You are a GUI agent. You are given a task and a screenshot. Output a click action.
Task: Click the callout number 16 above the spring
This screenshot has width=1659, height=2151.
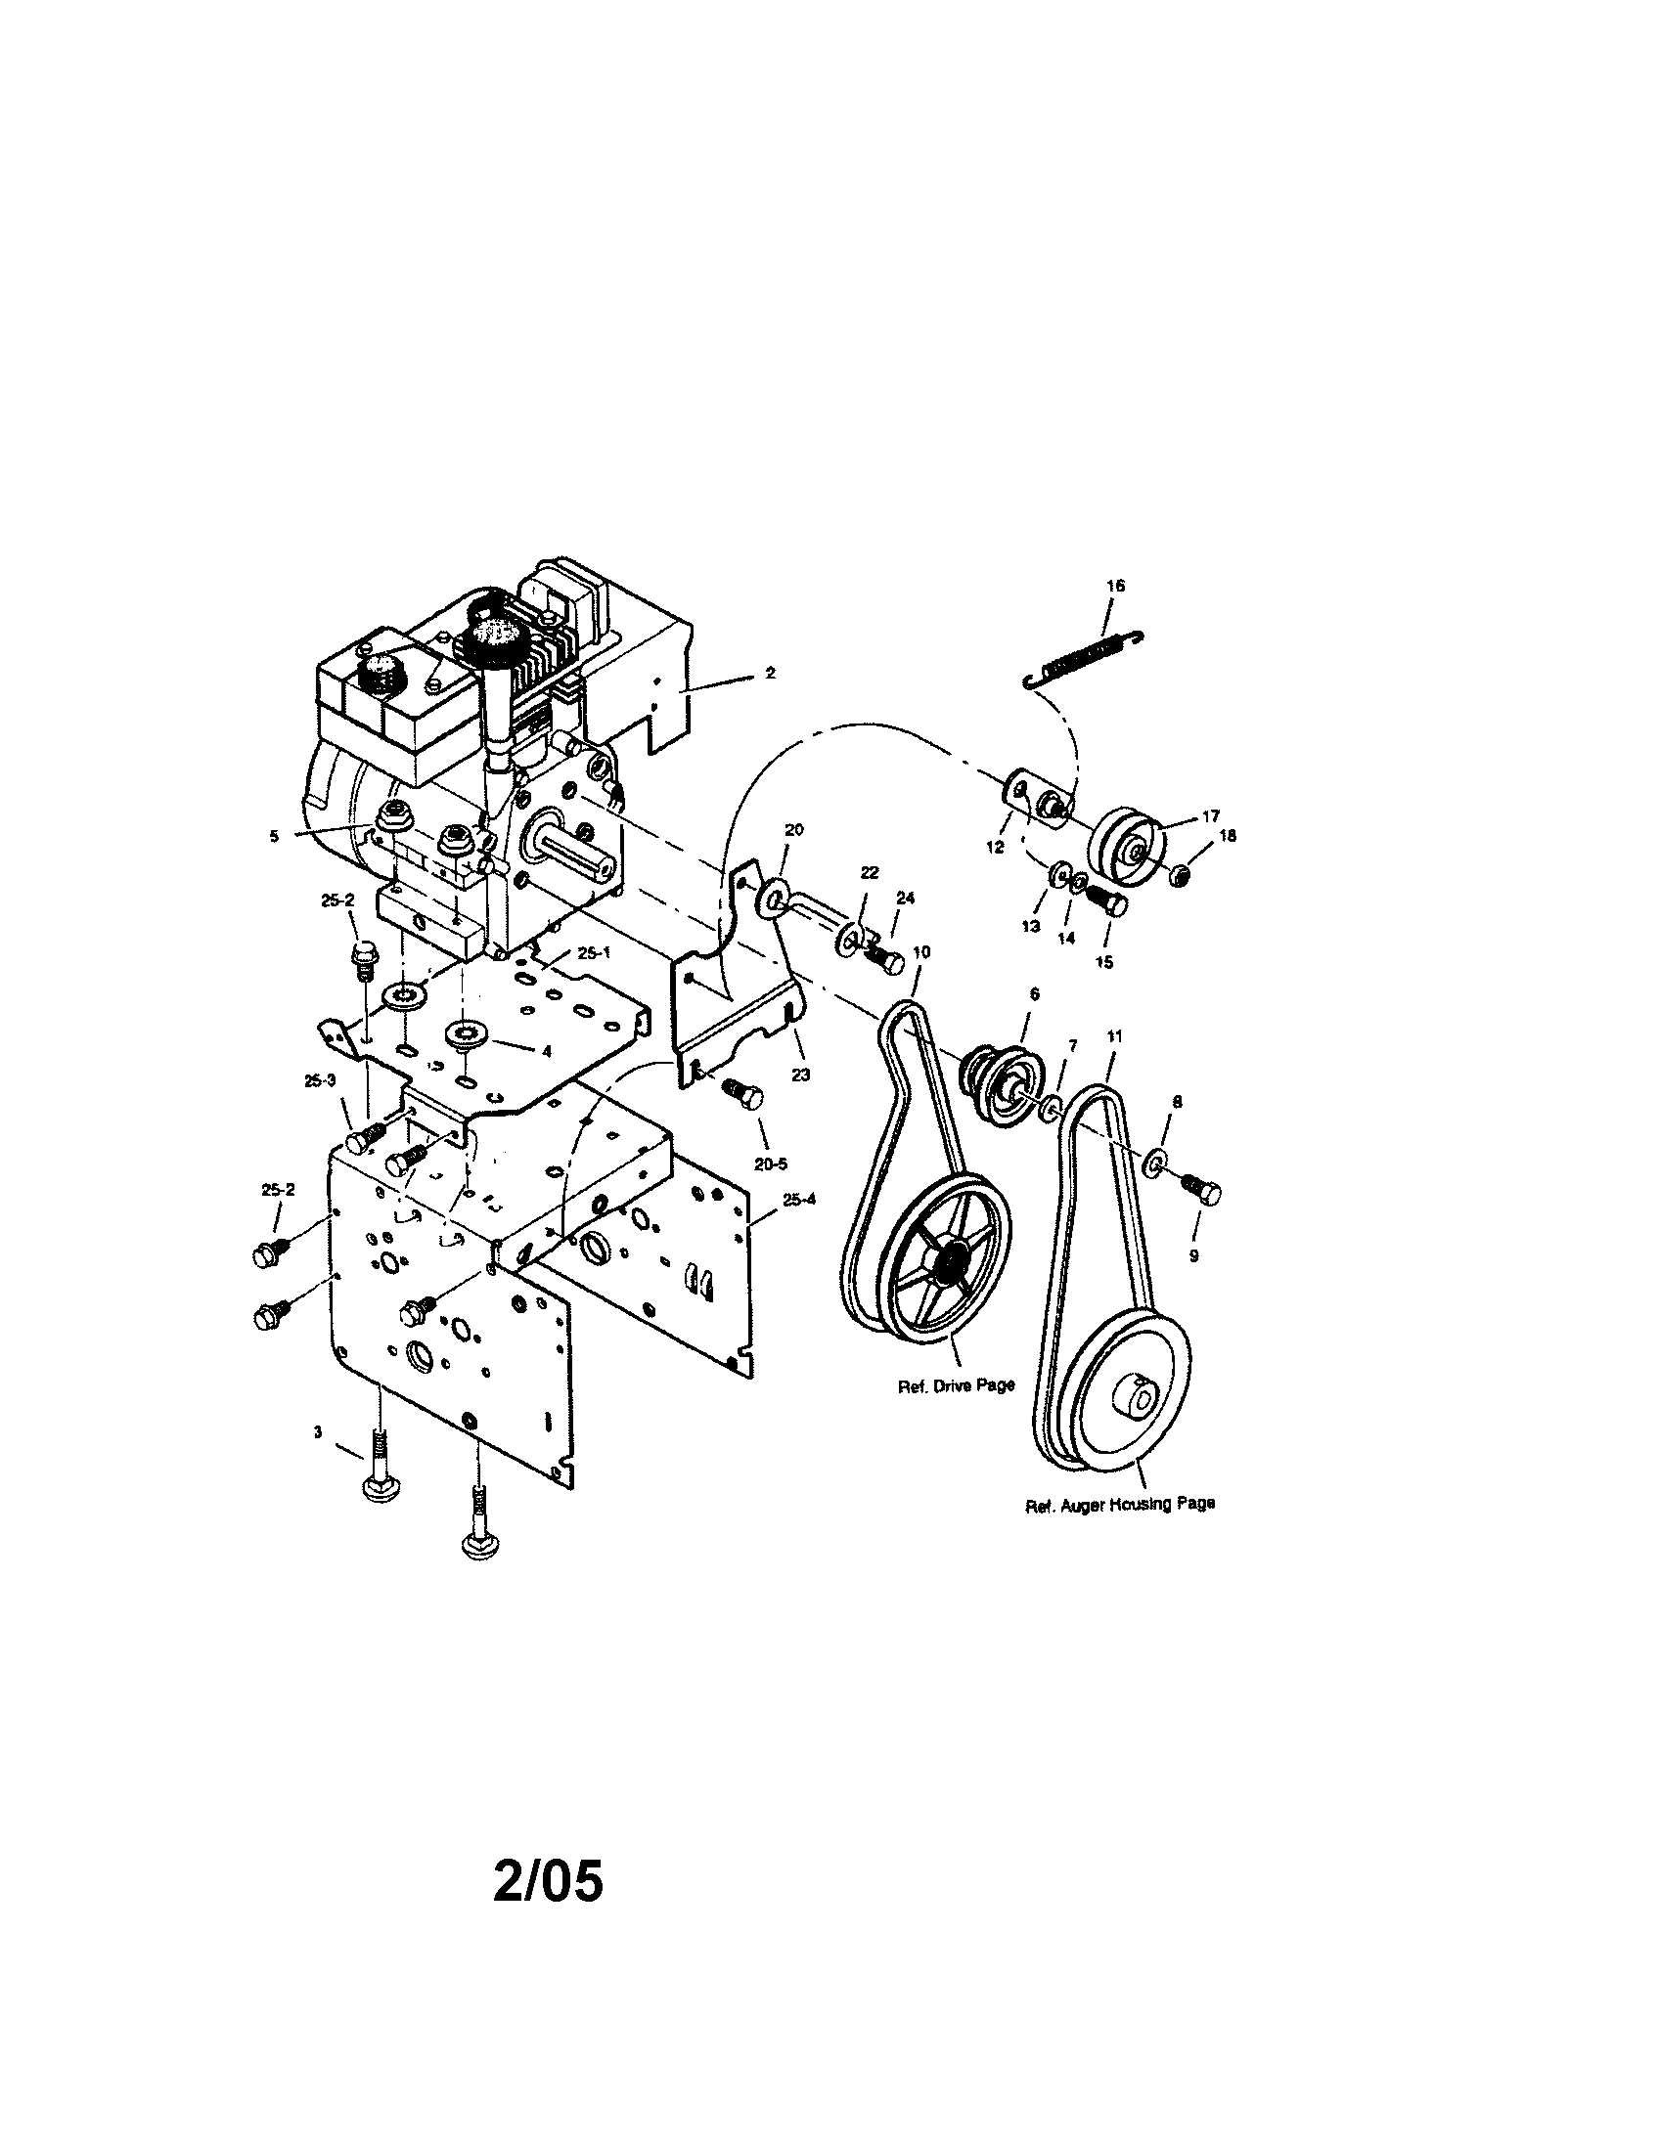click(1114, 585)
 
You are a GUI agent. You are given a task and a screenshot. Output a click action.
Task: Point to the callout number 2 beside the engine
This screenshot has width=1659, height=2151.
click(770, 674)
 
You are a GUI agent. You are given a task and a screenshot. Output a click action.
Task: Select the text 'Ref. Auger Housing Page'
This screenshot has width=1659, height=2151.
click(1119, 1531)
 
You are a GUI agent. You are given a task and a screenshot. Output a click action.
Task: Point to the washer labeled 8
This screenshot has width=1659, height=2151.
click(1154, 1165)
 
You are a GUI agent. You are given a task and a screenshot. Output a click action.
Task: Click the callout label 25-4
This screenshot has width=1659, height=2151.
click(799, 1200)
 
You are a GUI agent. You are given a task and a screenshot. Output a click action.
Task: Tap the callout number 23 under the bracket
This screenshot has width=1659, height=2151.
click(800, 1075)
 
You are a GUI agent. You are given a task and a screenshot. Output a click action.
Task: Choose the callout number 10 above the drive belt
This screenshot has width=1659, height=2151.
click(921, 951)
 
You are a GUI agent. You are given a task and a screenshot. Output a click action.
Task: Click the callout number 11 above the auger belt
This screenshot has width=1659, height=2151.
click(1114, 1036)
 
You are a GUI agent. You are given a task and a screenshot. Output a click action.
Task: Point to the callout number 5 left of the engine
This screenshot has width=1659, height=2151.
click(273, 836)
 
